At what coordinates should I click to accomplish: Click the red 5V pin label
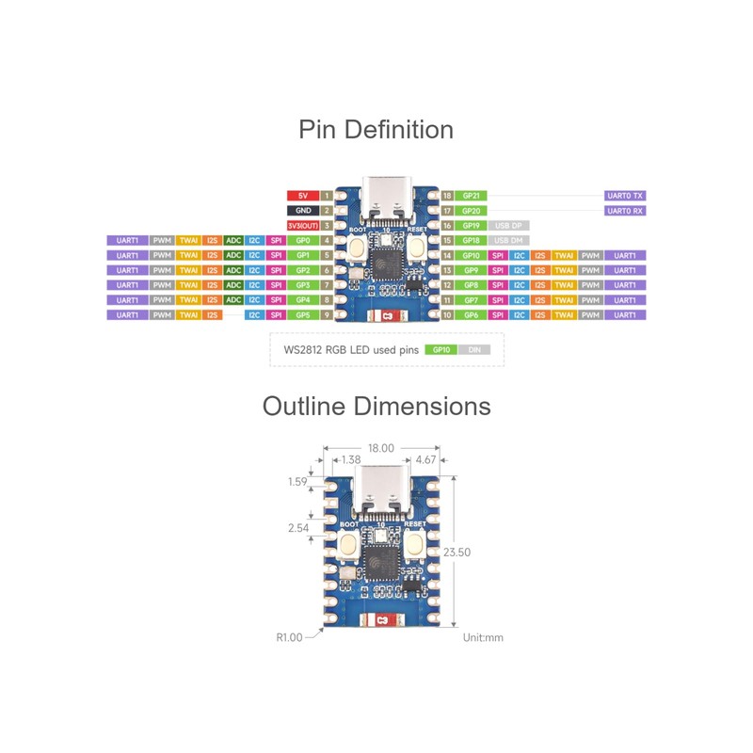(302, 196)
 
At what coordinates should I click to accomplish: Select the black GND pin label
(302, 211)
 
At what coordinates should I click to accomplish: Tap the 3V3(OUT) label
(302, 226)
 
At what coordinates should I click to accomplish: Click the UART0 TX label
(625, 196)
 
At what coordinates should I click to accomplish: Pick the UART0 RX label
(625, 211)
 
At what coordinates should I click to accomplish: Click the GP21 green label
(472, 196)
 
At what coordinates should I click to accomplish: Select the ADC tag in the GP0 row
(233, 241)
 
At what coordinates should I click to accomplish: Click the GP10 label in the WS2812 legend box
(439, 349)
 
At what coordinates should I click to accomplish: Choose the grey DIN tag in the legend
(473, 349)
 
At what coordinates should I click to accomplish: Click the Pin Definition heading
(376, 129)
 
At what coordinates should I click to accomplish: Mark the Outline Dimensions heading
(376, 407)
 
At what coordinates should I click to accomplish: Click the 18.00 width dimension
(381, 448)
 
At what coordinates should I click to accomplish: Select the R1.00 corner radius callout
(289, 637)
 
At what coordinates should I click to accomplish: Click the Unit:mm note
(483, 637)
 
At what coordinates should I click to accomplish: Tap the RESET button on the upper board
(417, 249)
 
